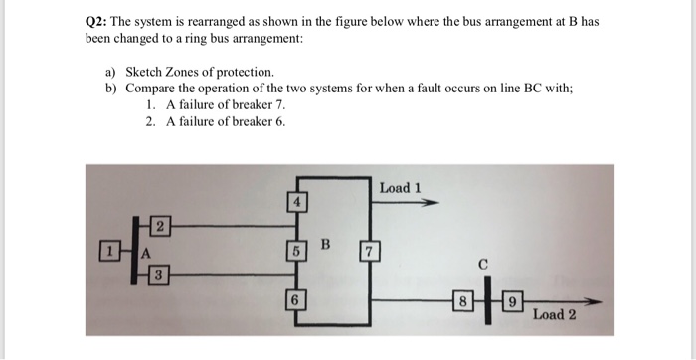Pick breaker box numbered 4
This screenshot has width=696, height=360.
point(294,203)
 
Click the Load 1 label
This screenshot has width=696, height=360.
point(402,187)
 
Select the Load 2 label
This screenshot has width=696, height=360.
point(554,315)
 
